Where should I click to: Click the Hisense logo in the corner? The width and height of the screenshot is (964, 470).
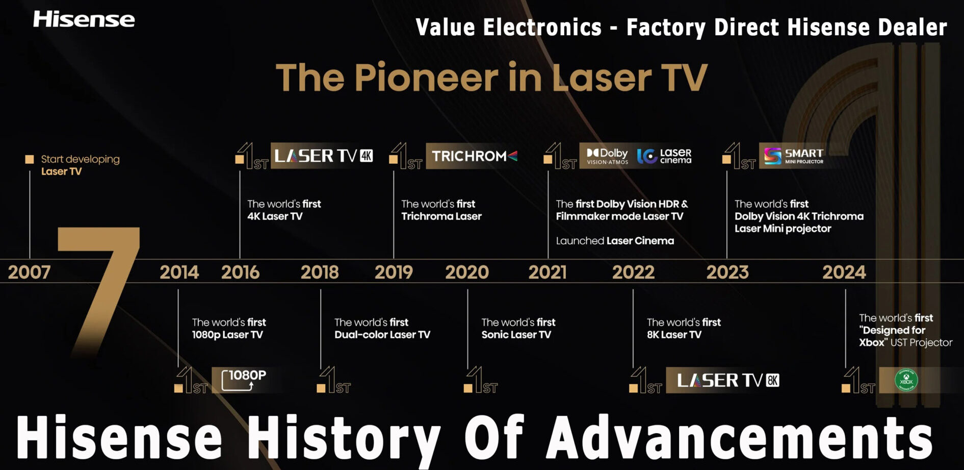(84, 19)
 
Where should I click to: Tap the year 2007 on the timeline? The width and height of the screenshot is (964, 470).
(29, 272)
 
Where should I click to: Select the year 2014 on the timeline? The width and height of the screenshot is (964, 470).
(179, 272)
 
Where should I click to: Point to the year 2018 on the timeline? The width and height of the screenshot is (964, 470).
(320, 272)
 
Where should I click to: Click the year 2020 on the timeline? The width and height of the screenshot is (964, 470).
(467, 272)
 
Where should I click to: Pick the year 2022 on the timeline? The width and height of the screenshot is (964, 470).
(633, 272)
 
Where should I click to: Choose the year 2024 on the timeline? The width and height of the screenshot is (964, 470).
(844, 272)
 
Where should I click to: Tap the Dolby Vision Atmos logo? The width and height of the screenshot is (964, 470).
(607, 156)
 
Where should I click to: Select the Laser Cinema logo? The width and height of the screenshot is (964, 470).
(664, 156)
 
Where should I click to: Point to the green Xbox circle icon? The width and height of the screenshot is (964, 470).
(906, 380)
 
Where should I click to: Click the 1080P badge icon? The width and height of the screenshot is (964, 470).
(244, 380)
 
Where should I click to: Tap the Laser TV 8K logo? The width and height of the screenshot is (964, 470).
(727, 380)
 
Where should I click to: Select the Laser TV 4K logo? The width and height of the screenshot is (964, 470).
(323, 156)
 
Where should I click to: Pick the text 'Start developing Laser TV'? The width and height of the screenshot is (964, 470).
(80, 165)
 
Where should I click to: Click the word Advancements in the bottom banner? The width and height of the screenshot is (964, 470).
(739, 437)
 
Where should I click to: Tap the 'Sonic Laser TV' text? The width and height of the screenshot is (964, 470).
(516, 335)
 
